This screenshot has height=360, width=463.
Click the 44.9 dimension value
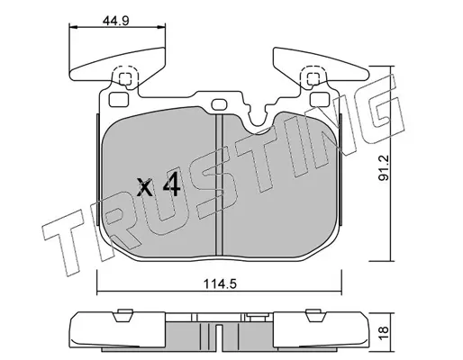(115, 21)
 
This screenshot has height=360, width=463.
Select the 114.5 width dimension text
(221, 283)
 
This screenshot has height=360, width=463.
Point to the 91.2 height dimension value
(384, 167)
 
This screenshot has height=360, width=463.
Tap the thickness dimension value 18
(384, 333)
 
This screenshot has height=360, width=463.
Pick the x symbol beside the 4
(144, 186)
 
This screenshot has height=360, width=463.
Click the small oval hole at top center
(220, 104)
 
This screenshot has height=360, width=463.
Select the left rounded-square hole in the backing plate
(119, 100)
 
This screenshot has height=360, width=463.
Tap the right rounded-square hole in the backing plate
(321, 100)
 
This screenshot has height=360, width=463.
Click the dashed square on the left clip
(125, 79)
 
